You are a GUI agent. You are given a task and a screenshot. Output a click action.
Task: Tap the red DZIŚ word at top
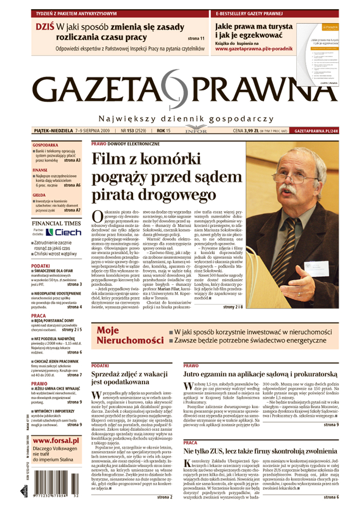pyautogui.click(x=44, y=27)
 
